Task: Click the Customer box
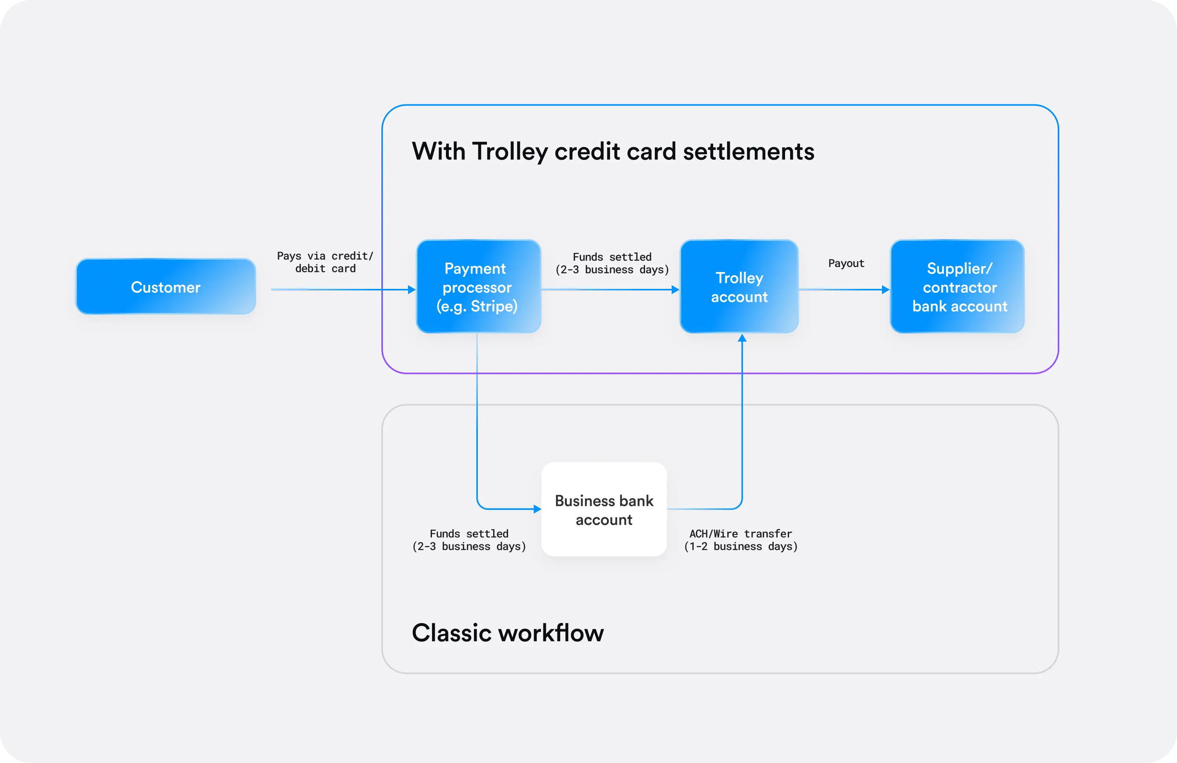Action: tap(166, 287)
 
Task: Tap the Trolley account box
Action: tap(739, 287)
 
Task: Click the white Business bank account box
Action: tap(604, 510)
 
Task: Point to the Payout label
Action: tap(846, 263)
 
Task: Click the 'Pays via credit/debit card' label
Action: tap(325, 262)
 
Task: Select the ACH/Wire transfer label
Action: tap(740, 540)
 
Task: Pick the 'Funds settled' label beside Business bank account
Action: tap(469, 540)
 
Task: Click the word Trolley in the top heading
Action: tap(509, 152)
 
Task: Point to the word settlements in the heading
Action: tap(748, 152)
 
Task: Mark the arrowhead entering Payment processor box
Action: tap(412, 290)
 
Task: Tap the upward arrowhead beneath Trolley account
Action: tap(742, 338)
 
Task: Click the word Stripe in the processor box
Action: tap(492, 306)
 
